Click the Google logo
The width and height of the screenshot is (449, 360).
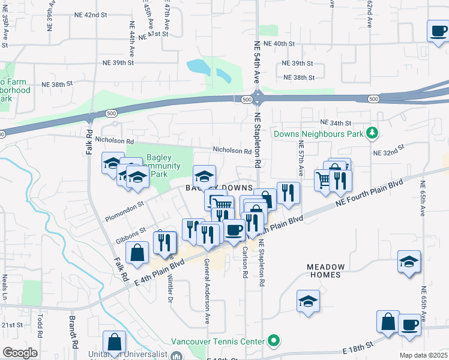pyautogui.click(x=19, y=353)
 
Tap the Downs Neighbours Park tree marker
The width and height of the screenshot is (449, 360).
pyautogui.click(x=373, y=133)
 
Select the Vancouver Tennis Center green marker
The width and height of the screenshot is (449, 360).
pyautogui.click(x=274, y=341)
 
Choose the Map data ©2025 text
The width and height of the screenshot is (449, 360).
pyautogui.click(x=424, y=355)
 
